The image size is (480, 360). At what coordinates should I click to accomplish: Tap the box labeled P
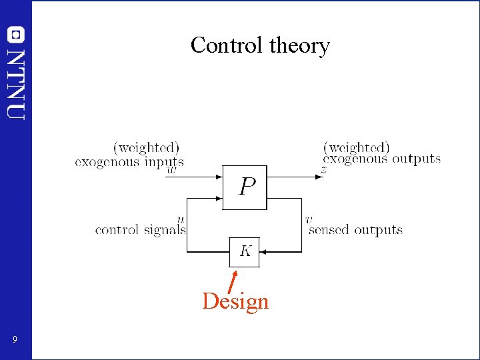[244, 187]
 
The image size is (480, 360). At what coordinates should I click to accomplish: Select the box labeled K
[245, 251]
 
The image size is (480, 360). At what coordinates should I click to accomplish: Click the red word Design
[235, 301]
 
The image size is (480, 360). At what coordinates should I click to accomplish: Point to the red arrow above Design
[232, 281]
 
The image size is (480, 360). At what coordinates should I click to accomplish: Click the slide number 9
[14, 341]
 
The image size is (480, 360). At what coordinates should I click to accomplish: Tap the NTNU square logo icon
[15, 34]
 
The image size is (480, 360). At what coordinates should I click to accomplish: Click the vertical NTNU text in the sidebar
[16, 83]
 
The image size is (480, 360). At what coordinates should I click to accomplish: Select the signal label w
[171, 169]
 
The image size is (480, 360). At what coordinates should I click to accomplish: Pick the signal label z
[323, 171]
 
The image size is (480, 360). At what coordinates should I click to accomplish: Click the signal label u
[180, 219]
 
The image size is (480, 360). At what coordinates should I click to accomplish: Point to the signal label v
[309, 219]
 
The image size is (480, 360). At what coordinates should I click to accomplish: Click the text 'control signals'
[140, 230]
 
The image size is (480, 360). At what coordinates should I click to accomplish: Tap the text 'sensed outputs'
[356, 230]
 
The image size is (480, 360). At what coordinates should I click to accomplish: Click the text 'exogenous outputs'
[382, 159]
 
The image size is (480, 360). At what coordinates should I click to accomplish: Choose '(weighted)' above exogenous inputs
[147, 147]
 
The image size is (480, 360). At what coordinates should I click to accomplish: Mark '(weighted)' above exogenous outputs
[356, 147]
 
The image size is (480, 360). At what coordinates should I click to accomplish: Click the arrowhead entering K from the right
[263, 252]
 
